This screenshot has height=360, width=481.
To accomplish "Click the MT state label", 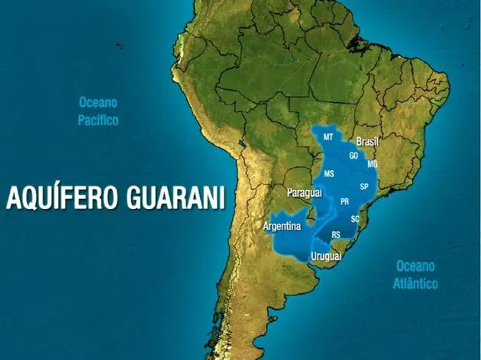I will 328,137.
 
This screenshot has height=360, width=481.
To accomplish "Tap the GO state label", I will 353,155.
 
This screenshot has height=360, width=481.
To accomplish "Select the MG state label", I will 373,164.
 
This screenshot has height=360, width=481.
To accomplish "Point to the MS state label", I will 329,174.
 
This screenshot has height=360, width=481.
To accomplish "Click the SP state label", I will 364,186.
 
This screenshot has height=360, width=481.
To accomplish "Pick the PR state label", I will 344,201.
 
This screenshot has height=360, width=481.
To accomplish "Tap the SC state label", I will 355,219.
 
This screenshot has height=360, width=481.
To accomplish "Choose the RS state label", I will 336,235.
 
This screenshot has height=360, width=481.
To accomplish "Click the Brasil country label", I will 368,142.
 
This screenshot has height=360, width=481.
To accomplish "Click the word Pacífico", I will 98,121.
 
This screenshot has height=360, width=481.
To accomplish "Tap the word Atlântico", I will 415,284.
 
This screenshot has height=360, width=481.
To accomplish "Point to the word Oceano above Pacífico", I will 98,101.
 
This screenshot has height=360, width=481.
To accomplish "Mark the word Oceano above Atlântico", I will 415,266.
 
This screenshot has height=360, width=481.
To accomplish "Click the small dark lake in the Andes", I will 242,143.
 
